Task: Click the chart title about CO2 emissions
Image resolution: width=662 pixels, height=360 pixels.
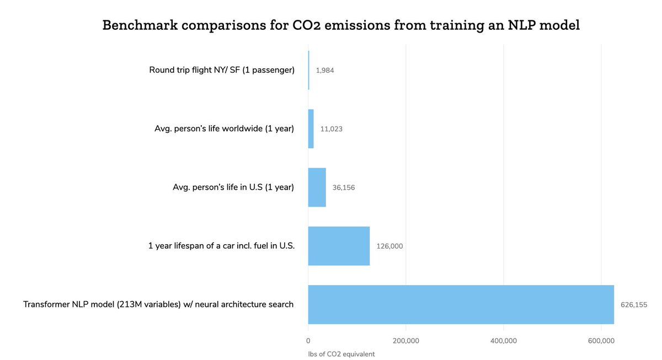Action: coord(341,25)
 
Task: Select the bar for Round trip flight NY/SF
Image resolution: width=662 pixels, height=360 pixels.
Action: coord(308,70)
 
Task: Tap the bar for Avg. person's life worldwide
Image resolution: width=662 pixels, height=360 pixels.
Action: coord(311,128)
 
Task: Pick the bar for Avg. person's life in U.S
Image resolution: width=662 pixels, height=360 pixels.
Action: coord(317,187)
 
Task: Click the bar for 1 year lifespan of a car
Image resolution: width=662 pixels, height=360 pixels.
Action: coord(339,246)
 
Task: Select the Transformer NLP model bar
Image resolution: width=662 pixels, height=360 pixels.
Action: coord(461,304)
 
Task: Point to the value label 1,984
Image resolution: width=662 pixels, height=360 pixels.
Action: coord(325,71)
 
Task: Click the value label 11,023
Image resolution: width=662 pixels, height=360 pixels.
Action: coord(332,129)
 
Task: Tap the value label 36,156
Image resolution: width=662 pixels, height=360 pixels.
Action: coord(344,187)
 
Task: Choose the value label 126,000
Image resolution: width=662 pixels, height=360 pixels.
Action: coord(389,246)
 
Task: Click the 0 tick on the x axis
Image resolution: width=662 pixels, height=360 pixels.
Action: coord(308,341)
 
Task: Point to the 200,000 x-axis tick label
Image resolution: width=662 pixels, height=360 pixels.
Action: coord(405,341)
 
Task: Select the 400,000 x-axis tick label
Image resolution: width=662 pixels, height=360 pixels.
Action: coord(503,341)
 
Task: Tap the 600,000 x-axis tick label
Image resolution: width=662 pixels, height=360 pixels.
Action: coord(601,341)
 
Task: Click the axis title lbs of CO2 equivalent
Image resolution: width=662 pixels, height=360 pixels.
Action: coord(341,354)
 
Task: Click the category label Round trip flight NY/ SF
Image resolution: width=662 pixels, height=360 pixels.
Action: coord(222,70)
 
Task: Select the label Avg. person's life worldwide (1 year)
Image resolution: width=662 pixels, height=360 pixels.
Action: coord(224,128)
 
